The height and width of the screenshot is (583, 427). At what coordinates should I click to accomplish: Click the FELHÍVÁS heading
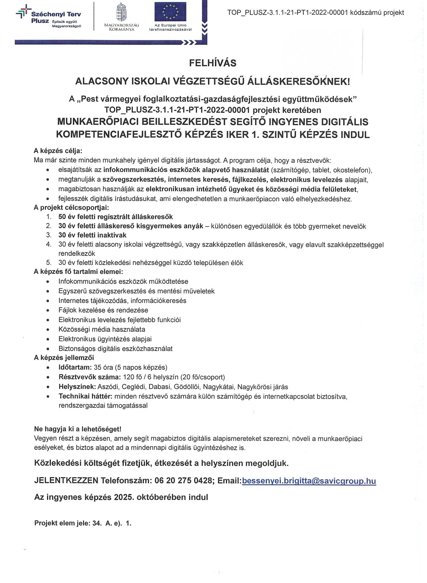click(213, 63)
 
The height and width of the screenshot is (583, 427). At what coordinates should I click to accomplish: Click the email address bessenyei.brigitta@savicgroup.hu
click(309, 481)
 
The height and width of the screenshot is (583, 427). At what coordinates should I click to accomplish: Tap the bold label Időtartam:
click(75, 367)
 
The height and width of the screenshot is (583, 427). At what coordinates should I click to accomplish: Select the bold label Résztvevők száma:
click(89, 377)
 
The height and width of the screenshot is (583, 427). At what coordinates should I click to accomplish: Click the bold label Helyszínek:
click(77, 387)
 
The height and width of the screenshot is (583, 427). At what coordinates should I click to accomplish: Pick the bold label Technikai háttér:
click(88, 396)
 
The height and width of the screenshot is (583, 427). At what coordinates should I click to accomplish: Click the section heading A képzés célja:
click(58, 151)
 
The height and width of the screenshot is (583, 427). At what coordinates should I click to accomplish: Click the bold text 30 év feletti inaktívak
click(92, 235)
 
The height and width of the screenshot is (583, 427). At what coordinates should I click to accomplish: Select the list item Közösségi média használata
click(102, 329)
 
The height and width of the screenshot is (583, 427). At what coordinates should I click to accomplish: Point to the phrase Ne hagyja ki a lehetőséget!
click(78, 429)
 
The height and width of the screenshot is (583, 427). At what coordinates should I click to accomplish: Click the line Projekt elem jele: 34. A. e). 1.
click(83, 524)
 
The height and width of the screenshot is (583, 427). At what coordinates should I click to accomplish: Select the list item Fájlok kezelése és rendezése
click(103, 310)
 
